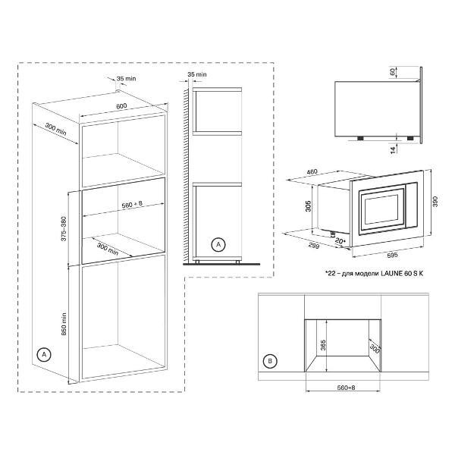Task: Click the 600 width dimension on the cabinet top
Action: coord(121,106)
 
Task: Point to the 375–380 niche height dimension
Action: coord(64,228)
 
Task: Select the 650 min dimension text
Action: coord(64,324)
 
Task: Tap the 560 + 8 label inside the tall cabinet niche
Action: coord(132,204)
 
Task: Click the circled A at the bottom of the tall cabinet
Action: coord(44,354)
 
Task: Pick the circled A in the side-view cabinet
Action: coord(218,245)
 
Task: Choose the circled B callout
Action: coord(270,361)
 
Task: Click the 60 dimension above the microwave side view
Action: coord(393,72)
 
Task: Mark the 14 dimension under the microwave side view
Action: coord(393,149)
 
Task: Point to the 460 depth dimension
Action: coord(312,171)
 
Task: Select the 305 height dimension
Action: coord(308,206)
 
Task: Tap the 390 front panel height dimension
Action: coord(435,202)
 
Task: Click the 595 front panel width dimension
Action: coord(392,256)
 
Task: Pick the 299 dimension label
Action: coord(314,246)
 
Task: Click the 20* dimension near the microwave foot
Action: coord(340,240)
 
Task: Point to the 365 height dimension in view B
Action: coord(323,345)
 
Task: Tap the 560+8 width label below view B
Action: coord(347,388)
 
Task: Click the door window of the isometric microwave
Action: coord(381,211)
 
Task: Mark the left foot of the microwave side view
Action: coord(359,138)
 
